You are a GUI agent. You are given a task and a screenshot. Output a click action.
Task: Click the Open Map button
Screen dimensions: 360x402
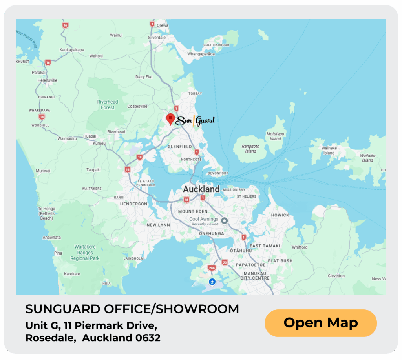click(x=321, y=323)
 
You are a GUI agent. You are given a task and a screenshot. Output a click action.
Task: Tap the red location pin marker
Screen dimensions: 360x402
click(x=170, y=119)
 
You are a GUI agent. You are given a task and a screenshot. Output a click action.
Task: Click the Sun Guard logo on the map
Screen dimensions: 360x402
click(x=195, y=120)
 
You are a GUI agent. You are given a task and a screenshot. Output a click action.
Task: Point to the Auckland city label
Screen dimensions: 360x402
click(x=201, y=189)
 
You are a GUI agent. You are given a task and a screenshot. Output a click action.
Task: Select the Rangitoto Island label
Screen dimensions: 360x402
click(x=250, y=148)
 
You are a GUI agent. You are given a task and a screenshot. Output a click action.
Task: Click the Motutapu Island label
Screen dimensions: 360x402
click(x=275, y=136)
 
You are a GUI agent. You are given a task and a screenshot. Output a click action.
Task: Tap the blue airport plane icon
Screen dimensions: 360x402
click(x=212, y=282)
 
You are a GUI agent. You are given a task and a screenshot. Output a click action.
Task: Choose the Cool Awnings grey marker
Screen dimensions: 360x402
click(x=225, y=221)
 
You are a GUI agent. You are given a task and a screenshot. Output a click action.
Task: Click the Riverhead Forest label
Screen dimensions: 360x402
click(x=108, y=105)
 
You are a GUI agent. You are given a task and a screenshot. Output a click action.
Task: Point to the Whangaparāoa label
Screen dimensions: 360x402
click(x=201, y=54)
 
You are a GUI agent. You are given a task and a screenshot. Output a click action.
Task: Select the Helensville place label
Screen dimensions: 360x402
click(x=48, y=80)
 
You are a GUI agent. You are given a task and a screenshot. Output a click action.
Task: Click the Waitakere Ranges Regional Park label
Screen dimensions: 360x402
click(x=85, y=253)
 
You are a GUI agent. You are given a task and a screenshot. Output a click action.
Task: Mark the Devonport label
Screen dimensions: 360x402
click(x=217, y=173)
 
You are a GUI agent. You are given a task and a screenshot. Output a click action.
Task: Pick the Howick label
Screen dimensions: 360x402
click(x=280, y=215)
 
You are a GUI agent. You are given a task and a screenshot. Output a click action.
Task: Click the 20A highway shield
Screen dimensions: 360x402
click(x=212, y=268)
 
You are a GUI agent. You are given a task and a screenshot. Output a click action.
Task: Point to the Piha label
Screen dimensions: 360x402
click(x=58, y=253)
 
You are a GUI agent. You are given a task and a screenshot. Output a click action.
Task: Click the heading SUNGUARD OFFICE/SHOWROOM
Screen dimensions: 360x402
click(x=132, y=309)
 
